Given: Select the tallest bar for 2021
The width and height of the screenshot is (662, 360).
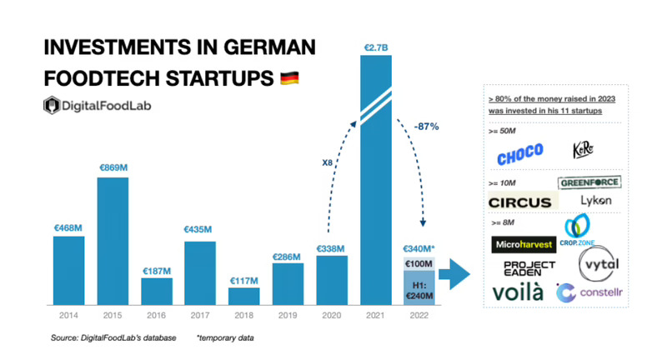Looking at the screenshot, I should click(375, 183).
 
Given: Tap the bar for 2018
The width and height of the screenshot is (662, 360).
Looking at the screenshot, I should click(243, 295).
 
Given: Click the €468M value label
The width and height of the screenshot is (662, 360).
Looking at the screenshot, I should click(68, 227).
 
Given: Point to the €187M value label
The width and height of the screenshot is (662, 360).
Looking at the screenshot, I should click(156, 270).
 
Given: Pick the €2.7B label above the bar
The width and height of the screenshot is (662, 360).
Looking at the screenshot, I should click(376, 48).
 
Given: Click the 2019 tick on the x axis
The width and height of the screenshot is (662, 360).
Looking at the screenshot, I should click(288, 315).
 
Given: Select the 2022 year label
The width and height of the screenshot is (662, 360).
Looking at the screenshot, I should click(419, 315).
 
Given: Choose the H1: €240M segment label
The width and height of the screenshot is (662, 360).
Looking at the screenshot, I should click(419, 287).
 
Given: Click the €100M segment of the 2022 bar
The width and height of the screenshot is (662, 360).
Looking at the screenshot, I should click(419, 263).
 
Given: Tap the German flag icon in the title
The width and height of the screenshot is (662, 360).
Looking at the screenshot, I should click(288, 78).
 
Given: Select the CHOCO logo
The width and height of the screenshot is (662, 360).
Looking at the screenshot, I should click(519, 153).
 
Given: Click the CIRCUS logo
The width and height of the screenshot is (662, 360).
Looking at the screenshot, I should click(519, 202).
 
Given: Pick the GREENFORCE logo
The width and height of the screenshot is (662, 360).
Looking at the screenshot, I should click(589, 182).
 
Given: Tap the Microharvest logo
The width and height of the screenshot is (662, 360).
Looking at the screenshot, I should click(524, 245).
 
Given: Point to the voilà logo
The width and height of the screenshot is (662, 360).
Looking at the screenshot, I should click(518, 292).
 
